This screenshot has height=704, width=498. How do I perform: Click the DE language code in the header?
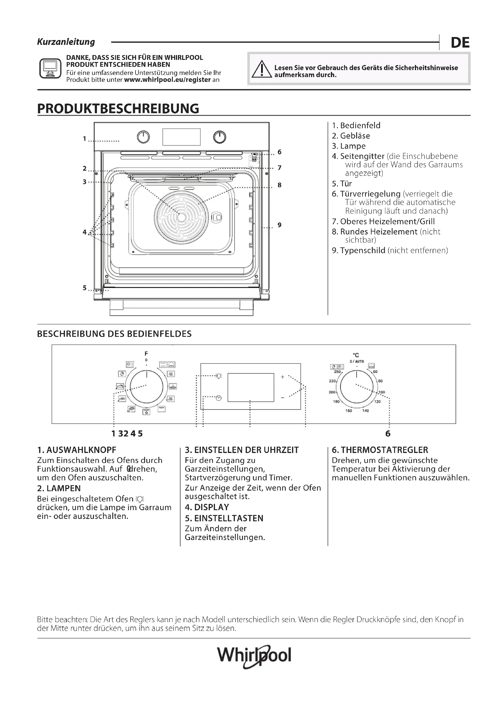(x=460, y=43)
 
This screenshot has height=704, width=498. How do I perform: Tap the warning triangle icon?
(x=261, y=69)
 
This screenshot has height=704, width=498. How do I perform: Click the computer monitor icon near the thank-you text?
(x=50, y=68)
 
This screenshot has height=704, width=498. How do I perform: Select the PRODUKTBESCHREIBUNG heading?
(x=118, y=109)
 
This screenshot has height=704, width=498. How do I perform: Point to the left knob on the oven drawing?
(x=143, y=137)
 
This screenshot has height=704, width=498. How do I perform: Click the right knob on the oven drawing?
(x=219, y=137)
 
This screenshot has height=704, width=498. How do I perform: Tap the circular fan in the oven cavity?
(x=181, y=217)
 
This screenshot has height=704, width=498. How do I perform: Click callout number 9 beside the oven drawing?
(x=279, y=225)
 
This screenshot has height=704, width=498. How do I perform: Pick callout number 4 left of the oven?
(x=85, y=232)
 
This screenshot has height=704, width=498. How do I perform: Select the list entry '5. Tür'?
(x=342, y=184)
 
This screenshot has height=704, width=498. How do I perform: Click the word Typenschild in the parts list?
(x=363, y=250)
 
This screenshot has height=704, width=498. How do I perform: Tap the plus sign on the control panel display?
(x=282, y=377)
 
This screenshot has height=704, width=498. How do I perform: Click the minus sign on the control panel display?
(x=282, y=398)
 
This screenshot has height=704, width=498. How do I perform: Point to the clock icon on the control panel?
(x=219, y=398)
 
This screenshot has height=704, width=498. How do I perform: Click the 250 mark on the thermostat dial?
(x=337, y=372)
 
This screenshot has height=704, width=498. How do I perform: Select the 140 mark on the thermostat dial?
(x=366, y=411)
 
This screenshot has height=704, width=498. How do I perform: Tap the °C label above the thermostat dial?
(x=356, y=355)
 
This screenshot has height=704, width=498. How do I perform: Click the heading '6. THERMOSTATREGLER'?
(x=380, y=450)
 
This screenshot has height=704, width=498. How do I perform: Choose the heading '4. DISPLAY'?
(x=207, y=507)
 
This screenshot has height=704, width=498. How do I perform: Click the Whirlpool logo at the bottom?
(x=254, y=655)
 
